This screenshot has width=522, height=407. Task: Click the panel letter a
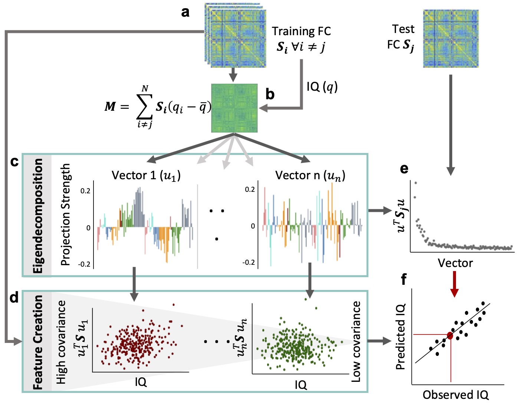click(185, 12)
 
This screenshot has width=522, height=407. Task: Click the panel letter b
click(270, 94)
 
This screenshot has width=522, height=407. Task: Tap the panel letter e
click(404, 169)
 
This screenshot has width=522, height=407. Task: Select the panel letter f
click(404, 279)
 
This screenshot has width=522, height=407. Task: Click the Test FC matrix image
click(451, 39)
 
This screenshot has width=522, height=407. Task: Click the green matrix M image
click(234, 108)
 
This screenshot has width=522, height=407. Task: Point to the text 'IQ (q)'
click(322, 87)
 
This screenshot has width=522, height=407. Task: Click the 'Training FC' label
click(301, 31)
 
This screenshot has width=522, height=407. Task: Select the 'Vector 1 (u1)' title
click(146, 175)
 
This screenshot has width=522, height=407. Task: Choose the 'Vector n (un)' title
click(310, 175)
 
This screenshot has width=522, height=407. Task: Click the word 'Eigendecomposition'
click(38, 216)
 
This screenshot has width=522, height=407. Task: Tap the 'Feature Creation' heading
click(38, 342)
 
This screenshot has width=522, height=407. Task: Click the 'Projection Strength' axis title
click(65, 214)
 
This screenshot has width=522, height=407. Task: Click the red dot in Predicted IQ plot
click(450, 336)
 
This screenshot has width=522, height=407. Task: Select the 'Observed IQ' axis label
click(456, 395)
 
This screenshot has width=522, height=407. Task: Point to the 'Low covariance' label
click(356, 341)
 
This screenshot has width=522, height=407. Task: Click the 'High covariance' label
click(61, 342)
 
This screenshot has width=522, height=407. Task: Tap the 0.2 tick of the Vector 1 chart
click(85, 191)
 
